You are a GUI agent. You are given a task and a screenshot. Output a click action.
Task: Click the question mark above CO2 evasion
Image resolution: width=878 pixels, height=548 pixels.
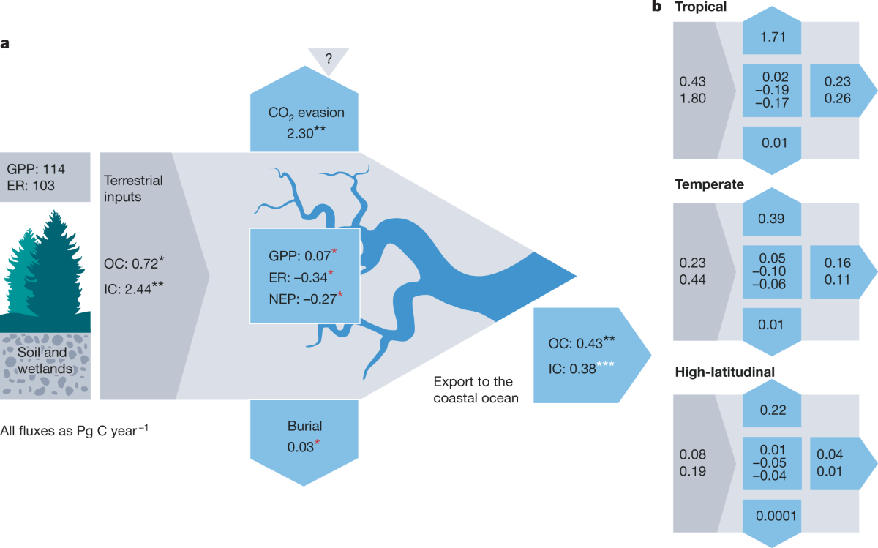329,61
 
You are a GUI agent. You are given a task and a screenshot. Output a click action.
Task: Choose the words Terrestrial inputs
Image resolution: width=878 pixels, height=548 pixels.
133,189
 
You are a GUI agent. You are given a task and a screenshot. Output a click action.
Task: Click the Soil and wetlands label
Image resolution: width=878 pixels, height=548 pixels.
45,361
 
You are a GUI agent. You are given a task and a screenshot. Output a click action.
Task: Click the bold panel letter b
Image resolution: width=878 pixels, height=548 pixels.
656,7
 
